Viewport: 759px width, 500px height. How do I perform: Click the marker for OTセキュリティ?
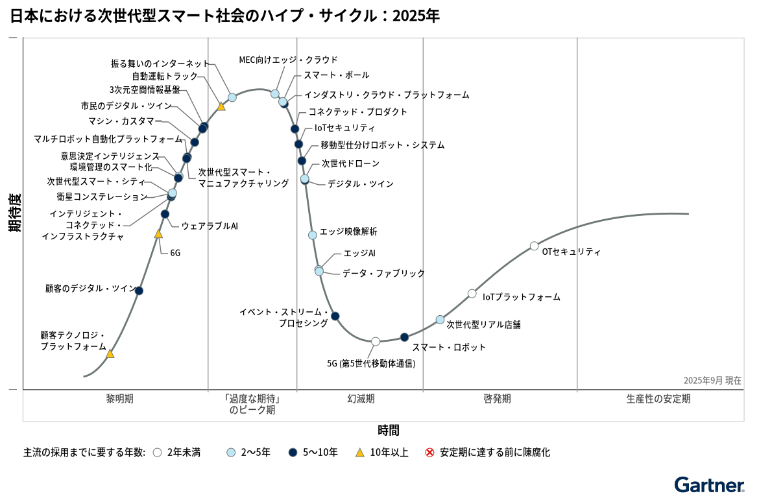tap(534, 246)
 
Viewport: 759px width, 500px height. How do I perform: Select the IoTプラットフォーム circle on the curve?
tap(472, 293)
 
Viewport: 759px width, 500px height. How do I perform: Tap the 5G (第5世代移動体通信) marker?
tap(376, 341)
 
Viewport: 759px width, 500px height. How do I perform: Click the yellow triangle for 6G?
tap(158, 233)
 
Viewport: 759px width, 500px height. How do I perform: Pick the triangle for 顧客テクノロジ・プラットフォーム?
tap(110, 354)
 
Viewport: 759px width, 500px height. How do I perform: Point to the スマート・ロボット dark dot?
tap(404, 337)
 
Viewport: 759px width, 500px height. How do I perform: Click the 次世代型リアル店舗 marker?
tap(440, 320)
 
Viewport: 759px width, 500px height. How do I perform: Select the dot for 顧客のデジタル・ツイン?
tap(139, 291)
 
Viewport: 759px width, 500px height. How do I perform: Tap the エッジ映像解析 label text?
tap(348, 232)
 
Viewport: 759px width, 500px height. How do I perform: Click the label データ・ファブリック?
tap(383, 273)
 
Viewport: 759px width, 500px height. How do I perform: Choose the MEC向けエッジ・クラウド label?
tap(288, 60)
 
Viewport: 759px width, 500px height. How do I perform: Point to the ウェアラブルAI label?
tap(210, 226)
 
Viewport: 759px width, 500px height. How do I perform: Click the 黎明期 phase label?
tap(120, 399)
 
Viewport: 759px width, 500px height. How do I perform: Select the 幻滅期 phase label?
tap(361, 399)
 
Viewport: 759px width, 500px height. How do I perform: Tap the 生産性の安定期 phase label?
tap(658, 399)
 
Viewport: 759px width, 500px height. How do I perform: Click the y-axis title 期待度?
tap(14, 212)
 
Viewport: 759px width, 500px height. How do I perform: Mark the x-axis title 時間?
tap(388, 430)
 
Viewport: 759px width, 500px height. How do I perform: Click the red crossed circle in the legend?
tap(429, 453)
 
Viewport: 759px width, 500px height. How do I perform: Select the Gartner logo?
tap(708, 486)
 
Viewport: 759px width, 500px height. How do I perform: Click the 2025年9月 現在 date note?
tap(712, 381)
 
